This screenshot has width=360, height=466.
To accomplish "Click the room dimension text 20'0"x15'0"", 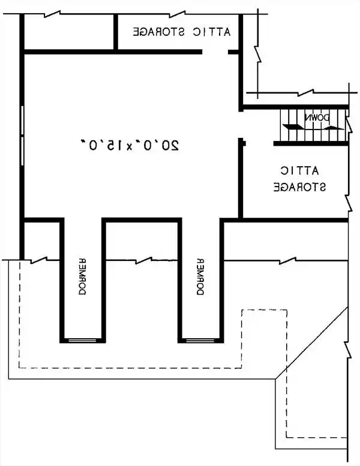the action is pos(130,145).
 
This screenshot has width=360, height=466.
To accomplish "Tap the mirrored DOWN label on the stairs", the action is pos(317,118).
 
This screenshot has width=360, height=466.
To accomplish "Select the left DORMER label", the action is pos(83,276).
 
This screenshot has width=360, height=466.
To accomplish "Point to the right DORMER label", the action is pos(200,276).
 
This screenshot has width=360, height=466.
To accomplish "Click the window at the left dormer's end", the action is pos(82,340).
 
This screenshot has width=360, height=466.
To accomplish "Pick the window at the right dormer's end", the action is pos(200,340).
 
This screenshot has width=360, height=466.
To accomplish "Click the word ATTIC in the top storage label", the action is pos(211,32).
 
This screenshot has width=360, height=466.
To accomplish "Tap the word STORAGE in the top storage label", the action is pos(158,32).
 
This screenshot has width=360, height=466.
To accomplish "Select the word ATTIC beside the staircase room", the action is pos(299,170).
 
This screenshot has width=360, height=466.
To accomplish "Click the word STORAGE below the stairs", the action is pos(299,187).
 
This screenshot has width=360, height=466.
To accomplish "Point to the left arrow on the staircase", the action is pos(293,127).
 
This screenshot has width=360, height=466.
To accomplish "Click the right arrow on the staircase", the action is pos(334,128).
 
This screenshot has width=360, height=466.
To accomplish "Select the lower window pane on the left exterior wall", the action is pos(22,151).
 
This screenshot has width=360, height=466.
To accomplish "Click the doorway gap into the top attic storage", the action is pos(215,52).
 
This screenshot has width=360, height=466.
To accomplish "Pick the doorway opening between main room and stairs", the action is pos(241,125).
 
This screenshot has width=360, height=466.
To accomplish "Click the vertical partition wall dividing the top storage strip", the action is pos(116,32).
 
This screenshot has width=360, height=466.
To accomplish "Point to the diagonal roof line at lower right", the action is pos(311,343).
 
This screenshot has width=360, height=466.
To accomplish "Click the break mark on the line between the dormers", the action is pos(144,260).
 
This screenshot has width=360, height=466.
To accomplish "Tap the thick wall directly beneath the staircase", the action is pos(311,143).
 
